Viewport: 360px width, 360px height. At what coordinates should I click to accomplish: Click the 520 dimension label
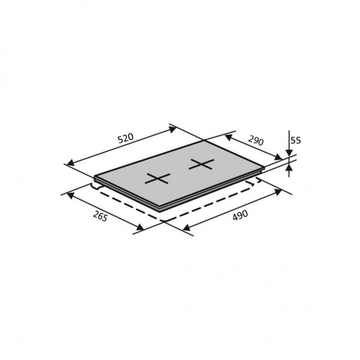125,138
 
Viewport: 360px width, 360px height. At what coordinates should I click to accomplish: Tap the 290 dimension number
256,140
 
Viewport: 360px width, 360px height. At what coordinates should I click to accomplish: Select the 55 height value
296,140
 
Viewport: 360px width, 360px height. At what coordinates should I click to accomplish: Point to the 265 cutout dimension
100,216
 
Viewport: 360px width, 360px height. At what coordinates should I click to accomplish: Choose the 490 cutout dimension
240,215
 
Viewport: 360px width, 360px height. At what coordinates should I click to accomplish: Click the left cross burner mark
157,178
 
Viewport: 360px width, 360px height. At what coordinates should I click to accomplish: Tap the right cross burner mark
202,164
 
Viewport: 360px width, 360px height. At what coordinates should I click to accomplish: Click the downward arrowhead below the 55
289,152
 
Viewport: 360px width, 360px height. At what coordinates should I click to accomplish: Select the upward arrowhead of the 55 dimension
289,167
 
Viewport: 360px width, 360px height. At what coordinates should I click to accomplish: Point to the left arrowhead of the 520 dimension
70,163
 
